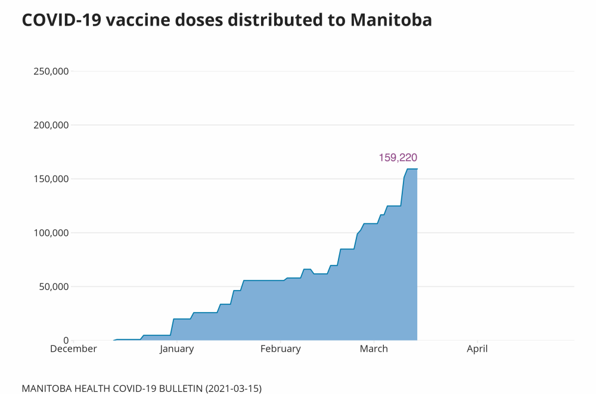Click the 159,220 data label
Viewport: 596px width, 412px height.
coord(398,158)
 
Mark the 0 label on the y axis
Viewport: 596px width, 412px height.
coord(66,340)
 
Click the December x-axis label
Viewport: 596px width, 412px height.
coord(73,349)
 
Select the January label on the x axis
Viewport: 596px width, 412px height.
coord(176,349)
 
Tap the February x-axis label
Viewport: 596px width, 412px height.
coord(280,349)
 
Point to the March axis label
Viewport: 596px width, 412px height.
coord(374,349)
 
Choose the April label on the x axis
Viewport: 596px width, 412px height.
coord(477,349)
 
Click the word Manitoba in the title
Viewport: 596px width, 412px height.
coord(391,20)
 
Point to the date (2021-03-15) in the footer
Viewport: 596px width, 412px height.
coord(233,389)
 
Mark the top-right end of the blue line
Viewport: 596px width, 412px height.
coord(417,169)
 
